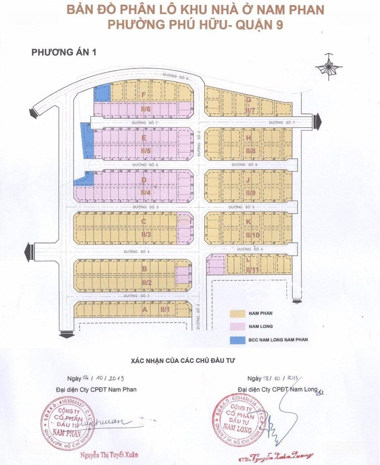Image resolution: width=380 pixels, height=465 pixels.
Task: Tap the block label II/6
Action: click(x=145, y=109)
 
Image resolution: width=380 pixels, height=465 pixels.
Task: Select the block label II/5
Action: click(x=145, y=151)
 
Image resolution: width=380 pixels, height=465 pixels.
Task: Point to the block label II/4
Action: click(x=145, y=192)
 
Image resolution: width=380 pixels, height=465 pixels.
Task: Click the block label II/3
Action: click(x=146, y=235)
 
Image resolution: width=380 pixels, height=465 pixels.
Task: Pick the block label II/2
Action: click(x=146, y=282)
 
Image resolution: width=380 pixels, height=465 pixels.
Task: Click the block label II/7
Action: click(x=250, y=111)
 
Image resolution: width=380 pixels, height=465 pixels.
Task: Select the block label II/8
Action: click(x=251, y=151)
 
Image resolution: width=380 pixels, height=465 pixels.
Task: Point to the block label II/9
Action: click(x=251, y=193)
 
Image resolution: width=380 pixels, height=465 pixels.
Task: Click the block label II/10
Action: click(x=252, y=235)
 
